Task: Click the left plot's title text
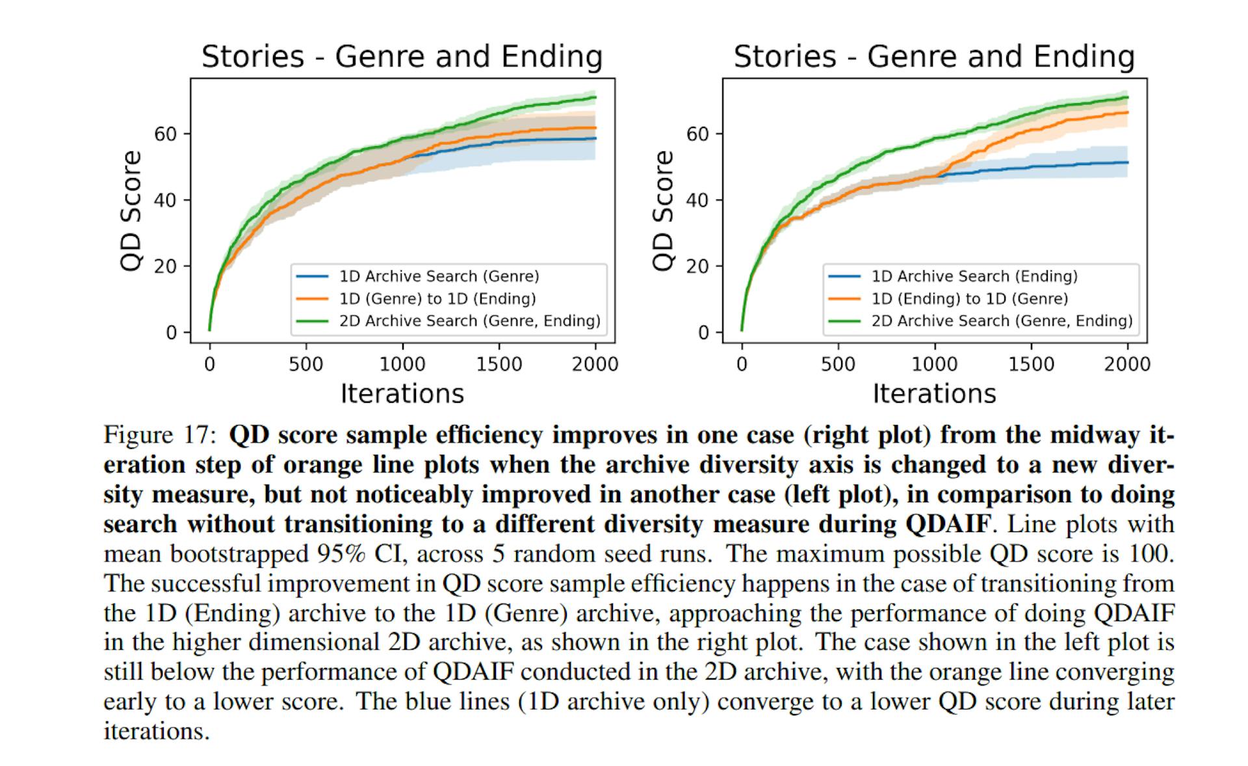tap(402, 57)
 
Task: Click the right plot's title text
tap(934, 57)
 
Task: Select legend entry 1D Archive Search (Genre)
tap(439, 276)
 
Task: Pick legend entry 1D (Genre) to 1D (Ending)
tap(437, 298)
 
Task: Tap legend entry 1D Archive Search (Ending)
tap(974, 276)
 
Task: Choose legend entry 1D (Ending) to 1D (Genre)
tap(969, 298)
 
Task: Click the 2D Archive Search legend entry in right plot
tap(1001, 320)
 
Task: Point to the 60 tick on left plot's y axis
tap(165, 134)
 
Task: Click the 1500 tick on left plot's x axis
tap(499, 364)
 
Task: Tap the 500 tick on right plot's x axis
tap(838, 364)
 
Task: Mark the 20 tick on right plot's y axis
tap(697, 266)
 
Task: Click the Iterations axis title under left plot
tap(402, 394)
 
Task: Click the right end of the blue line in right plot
tap(1127, 162)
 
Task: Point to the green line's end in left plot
tap(595, 97)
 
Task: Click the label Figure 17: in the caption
tap(159, 435)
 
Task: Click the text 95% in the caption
tap(341, 554)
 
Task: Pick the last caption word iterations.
tap(156, 732)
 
